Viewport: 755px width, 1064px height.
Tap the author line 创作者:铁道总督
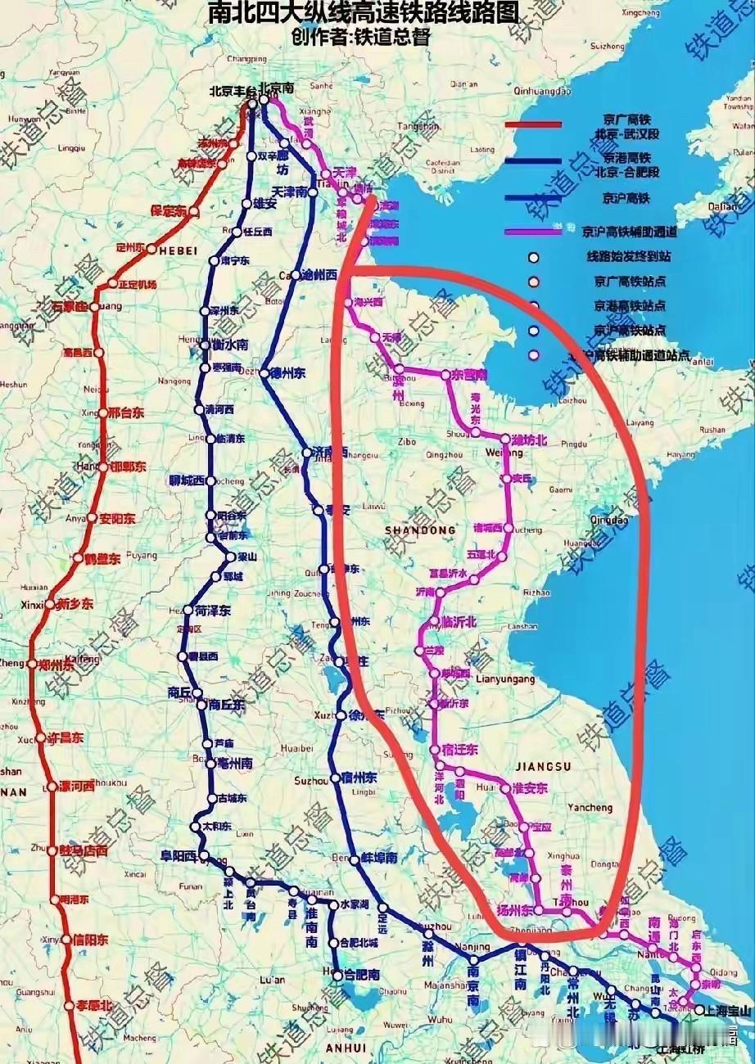coord(360,37)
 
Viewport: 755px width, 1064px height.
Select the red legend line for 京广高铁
coord(533,124)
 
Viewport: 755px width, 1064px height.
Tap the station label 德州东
coord(288,374)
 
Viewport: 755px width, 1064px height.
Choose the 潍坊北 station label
coord(528,440)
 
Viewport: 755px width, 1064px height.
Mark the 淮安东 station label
coord(529,788)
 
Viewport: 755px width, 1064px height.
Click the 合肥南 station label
coord(361,975)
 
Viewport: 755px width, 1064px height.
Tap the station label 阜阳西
coord(179,856)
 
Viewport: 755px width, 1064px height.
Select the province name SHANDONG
coord(420,530)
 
